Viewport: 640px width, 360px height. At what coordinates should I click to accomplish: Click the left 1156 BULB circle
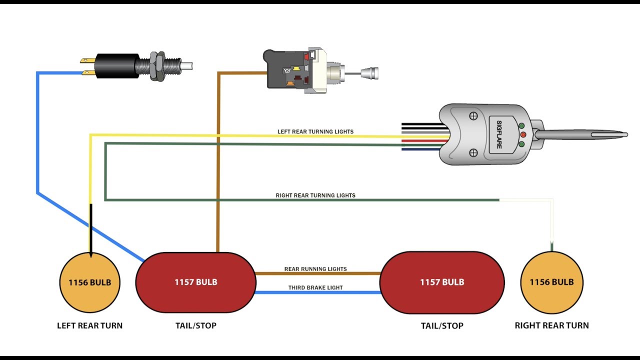click(x=90, y=282)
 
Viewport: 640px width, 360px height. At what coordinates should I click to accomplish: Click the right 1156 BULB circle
click(x=551, y=282)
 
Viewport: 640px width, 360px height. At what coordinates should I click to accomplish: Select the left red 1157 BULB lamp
click(x=195, y=282)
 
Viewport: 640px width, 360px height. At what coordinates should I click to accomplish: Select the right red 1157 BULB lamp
click(x=442, y=282)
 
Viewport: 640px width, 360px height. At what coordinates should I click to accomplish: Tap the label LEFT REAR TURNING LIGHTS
click(x=315, y=131)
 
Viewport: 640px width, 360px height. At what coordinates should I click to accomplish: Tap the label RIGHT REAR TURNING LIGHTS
click(x=315, y=195)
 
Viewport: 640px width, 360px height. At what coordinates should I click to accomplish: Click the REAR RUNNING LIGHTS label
click(x=315, y=269)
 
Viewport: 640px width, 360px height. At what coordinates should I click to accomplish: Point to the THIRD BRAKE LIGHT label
click(x=315, y=287)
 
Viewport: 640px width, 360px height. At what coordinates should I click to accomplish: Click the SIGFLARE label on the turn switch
click(x=498, y=134)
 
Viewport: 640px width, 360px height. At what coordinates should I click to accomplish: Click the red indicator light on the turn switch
click(x=523, y=134)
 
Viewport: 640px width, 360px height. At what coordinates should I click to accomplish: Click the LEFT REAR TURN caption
click(x=89, y=325)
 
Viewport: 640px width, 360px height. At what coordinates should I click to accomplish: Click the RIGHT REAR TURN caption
click(x=551, y=325)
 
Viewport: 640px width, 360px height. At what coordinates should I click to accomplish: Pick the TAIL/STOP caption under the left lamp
click(x=195, y=325)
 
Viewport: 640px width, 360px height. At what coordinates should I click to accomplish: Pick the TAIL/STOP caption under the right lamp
click(x=442, y=325)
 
